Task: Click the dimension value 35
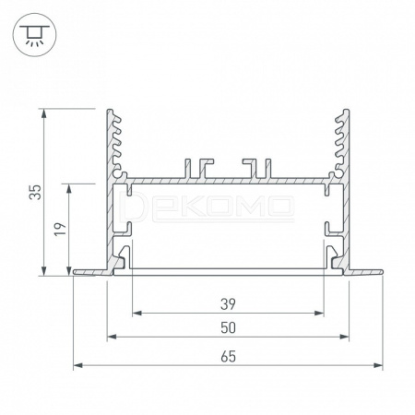click(x=35, y=192)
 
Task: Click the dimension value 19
click(x=60, y=230)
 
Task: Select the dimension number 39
click(x=228, y=304)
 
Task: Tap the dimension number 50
click(x=228, y=328)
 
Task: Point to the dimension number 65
click(x=228, y=357)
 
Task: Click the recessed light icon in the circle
click(x=34, y=35)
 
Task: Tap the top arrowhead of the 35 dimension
click(x=44, y=113)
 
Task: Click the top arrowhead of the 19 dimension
click(x=68, y=188)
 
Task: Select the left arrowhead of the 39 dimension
click(x=136, y=314)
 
